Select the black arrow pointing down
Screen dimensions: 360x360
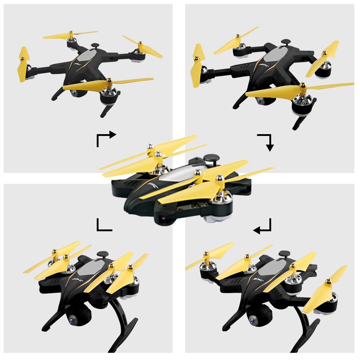pos(266,142)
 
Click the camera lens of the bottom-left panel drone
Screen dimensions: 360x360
pos(72,319)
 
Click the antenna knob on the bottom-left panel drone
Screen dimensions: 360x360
pos(102,254)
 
